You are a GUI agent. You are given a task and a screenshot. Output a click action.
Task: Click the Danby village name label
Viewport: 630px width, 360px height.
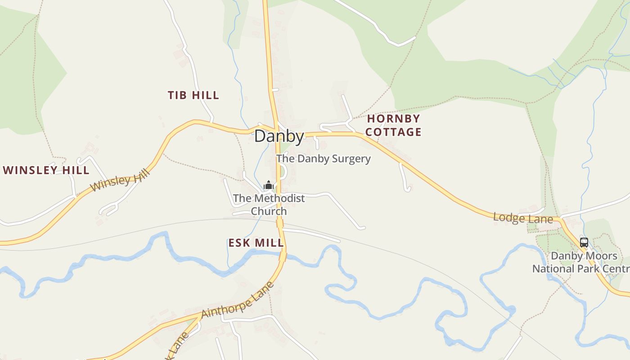279,136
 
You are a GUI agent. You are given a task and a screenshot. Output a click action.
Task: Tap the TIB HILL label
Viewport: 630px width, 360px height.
193,95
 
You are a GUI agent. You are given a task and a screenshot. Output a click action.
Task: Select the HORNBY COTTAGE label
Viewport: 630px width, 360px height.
393,125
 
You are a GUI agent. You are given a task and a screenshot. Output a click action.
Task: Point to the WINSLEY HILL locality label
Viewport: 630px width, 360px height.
46,170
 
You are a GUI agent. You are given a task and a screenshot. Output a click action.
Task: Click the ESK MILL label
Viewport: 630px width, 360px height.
256,243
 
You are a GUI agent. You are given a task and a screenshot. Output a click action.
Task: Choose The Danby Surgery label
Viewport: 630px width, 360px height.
323,158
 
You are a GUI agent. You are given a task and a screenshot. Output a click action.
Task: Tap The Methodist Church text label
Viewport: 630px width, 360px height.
269,204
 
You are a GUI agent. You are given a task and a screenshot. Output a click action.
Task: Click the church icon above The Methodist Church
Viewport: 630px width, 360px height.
269,185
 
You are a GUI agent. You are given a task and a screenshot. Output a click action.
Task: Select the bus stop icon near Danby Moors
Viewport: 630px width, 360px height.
584,242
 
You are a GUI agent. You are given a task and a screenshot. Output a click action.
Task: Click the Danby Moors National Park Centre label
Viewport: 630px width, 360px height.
581,262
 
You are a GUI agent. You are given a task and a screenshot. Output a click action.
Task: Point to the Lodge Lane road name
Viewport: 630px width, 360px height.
523,218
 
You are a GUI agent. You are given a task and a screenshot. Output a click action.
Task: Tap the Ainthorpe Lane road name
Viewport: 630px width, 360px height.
238,300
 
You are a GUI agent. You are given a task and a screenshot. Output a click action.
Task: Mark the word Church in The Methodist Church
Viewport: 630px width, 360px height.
269,211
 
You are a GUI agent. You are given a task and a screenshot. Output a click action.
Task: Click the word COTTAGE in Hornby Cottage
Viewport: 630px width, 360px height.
393,132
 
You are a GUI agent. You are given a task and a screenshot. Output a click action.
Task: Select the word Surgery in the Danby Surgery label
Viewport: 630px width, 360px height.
351,158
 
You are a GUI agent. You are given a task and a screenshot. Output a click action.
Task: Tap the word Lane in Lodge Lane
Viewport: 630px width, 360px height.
543,220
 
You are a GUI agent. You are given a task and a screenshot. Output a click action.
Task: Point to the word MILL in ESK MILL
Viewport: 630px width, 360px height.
269,243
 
